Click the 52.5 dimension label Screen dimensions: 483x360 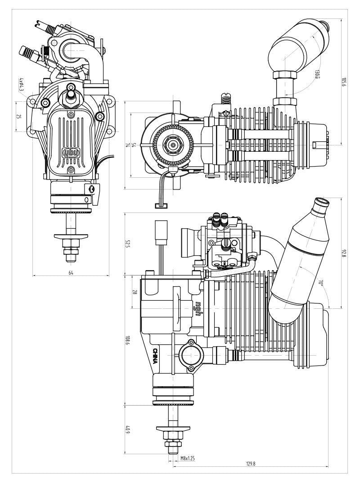click(128, 244)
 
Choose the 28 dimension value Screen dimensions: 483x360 click(134, 292)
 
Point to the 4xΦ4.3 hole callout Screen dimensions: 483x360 click(21, 84)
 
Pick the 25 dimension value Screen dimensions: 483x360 click(19, 116)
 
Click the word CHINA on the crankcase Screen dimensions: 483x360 click(155, 356)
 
